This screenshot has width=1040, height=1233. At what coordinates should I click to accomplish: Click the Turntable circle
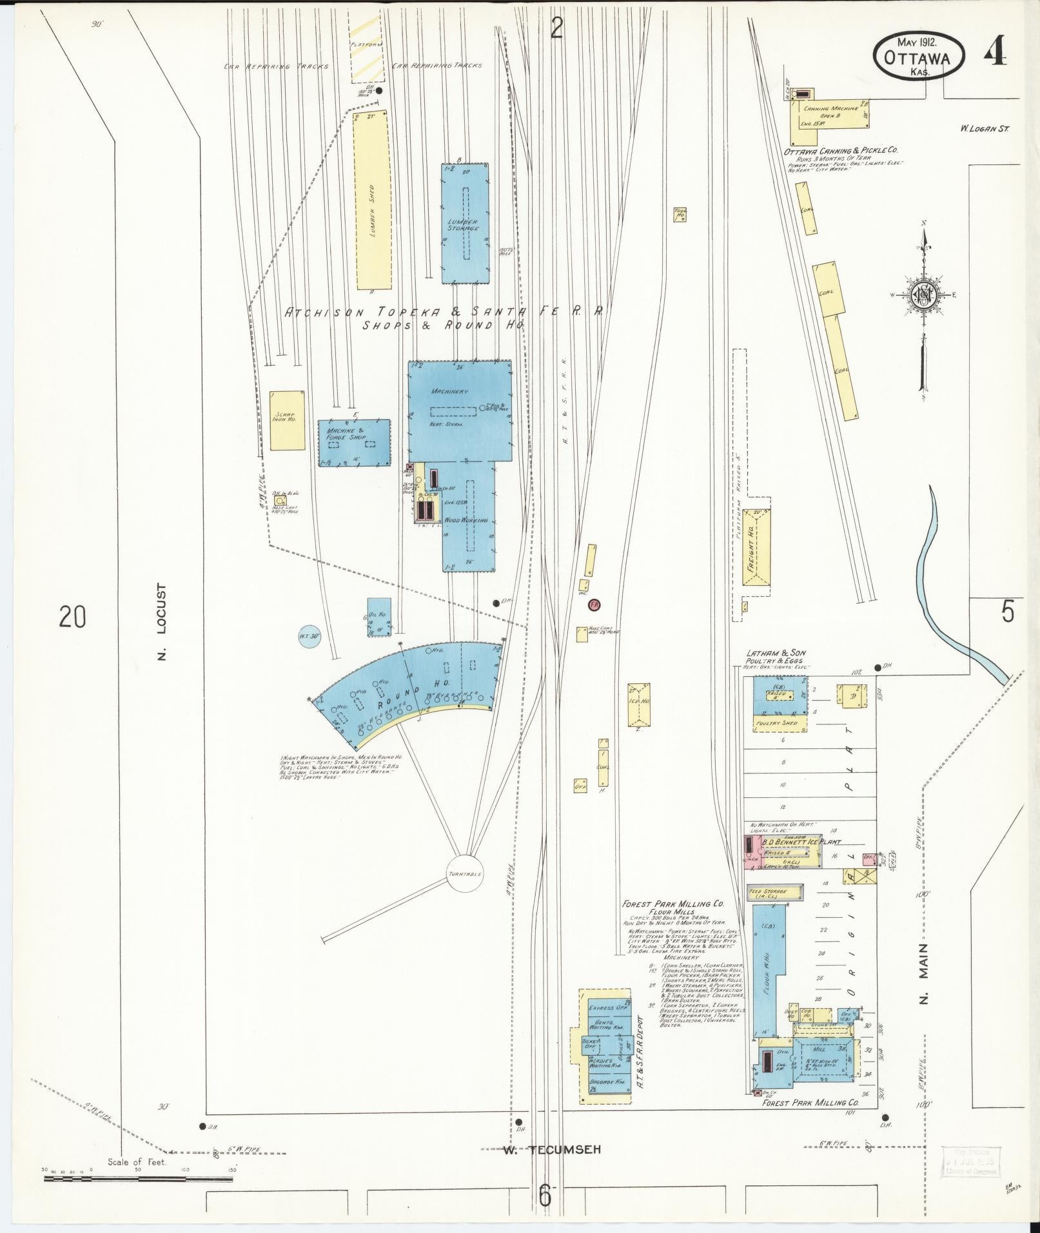tap(466, 875)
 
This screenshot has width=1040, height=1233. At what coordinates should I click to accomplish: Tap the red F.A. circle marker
tap(593, 605)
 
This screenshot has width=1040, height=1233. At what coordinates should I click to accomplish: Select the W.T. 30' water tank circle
tap(309, 636)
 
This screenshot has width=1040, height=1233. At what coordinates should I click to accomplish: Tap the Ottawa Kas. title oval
tap(919, 57)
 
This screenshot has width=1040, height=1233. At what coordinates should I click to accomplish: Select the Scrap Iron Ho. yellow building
tap(287, 420)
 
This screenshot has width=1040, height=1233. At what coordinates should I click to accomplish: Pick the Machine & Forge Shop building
tap(354, 442)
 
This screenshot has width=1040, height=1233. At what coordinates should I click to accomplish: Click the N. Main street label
tap(924, 982)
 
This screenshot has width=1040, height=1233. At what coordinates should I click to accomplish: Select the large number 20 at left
tap(72, 617)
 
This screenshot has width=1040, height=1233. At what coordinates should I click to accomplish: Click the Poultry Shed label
tap(781, 723)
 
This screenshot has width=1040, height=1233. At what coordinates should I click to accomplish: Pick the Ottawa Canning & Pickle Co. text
tap(841, 151)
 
